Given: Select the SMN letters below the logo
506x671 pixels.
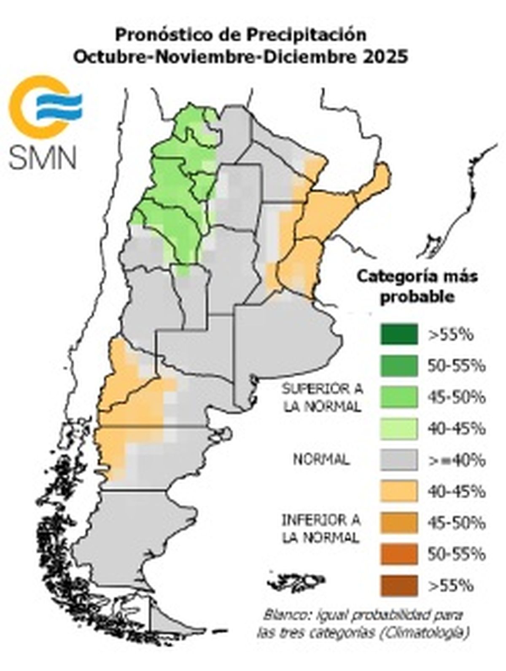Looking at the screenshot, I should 43,157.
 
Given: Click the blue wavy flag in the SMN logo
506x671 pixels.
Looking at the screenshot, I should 59,106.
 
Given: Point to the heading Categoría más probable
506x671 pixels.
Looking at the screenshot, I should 417,286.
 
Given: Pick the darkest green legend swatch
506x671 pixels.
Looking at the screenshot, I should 398,334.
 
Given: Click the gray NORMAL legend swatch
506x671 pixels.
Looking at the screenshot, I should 398,459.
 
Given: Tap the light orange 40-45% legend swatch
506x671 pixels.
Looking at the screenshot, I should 398,491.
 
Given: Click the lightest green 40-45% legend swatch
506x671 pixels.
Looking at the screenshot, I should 398,428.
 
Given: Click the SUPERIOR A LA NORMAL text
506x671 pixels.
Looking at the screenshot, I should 323,397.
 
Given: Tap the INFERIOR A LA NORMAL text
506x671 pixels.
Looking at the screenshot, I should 321,529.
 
